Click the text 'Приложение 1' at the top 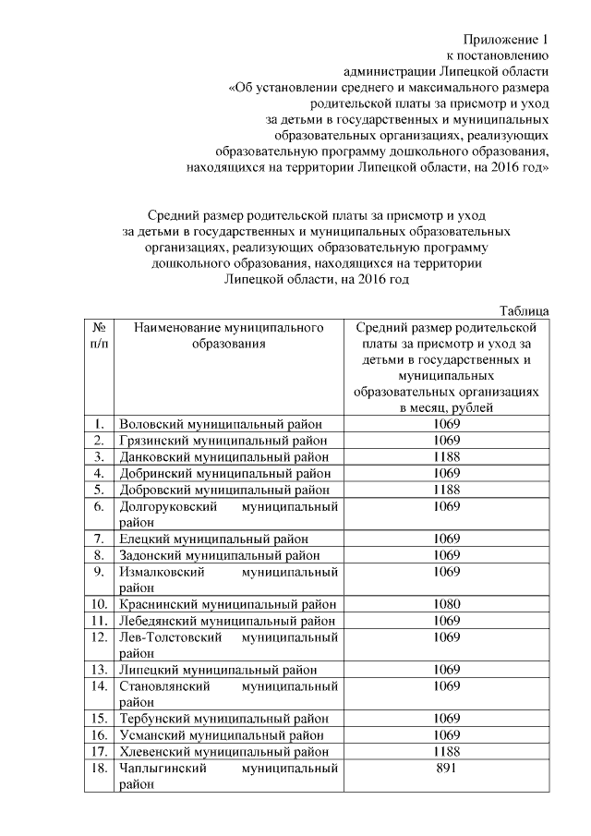click(506, 40)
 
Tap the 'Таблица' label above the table click(524, 310)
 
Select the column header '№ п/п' click(97, 335)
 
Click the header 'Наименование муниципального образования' click(228, 335)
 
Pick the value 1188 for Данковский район click(446, 456)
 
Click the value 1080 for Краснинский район click(446, 604)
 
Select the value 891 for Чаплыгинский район click(446, 768)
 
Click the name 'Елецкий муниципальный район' click(213, 539)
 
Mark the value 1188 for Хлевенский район click(446, 751)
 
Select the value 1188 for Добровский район click(446, 490)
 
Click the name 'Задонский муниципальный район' click(220, 555)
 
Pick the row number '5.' click(97, 490)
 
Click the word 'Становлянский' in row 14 click(166, 685)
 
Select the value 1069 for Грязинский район click(446, 441)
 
